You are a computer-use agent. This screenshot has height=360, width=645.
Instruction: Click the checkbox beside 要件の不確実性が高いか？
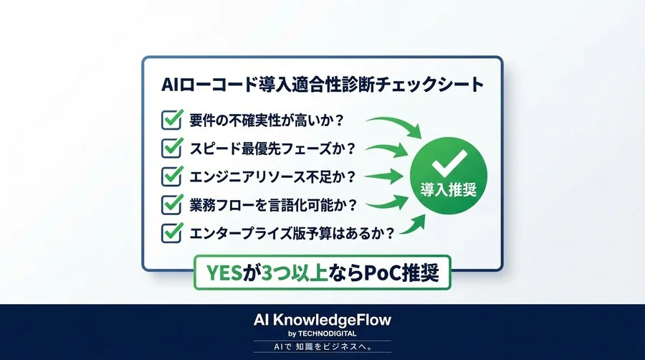172,119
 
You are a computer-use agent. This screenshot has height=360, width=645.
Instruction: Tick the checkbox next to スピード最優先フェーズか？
172,148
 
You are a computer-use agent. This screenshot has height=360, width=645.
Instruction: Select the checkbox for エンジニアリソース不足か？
172,176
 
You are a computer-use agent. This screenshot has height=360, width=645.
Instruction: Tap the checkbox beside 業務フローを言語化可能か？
172,204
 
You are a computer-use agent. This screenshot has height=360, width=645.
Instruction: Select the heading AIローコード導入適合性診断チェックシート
322,83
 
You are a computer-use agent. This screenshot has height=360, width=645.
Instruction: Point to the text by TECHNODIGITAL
322,333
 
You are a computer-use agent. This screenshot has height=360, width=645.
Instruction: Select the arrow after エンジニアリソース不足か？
387,176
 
